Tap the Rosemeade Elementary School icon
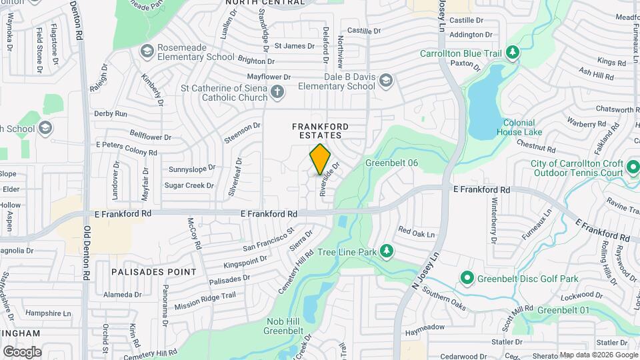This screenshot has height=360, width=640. click(147, 51)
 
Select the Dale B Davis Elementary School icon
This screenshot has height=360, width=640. click(385, 81)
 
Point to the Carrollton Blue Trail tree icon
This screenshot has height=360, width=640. click(512, 53)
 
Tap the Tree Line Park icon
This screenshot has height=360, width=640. click(385, 251)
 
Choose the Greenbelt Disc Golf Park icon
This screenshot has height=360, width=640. click(467, 277)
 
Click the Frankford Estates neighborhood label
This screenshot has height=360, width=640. click(321, 130)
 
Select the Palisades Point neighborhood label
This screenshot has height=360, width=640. click(154, 272)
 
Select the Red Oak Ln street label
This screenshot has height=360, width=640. click(416, 234)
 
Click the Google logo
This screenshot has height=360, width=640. click(22, 352)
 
